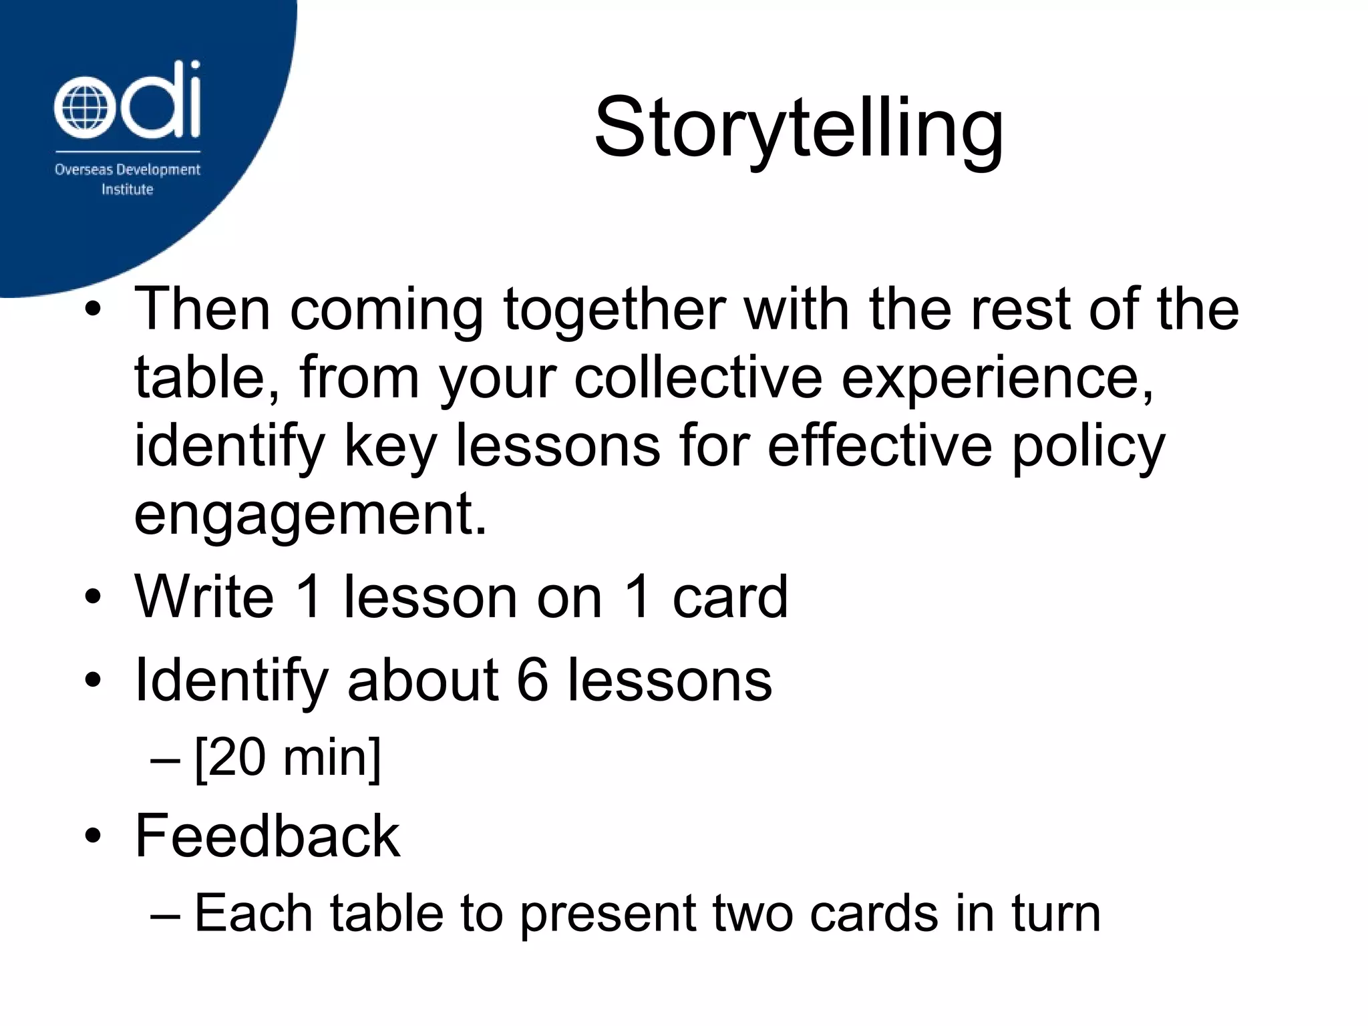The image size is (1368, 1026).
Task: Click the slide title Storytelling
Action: (x=798, y=128)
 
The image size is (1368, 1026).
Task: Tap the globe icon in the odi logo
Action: (x=81, y=109)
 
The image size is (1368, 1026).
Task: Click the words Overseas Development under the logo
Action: (x=127, y=170)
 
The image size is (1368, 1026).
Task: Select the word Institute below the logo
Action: (x=127, y=190)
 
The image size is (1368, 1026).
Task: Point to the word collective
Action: (x=697, y=378)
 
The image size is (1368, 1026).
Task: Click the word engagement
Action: (x=310, y=516)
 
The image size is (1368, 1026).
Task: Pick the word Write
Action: (x=204, y=596)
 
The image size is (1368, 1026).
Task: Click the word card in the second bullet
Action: (x=729, y=596)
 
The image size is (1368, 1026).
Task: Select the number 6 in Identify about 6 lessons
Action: (x=532, y=680)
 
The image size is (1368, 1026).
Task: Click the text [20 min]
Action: (x=287, y=758)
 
